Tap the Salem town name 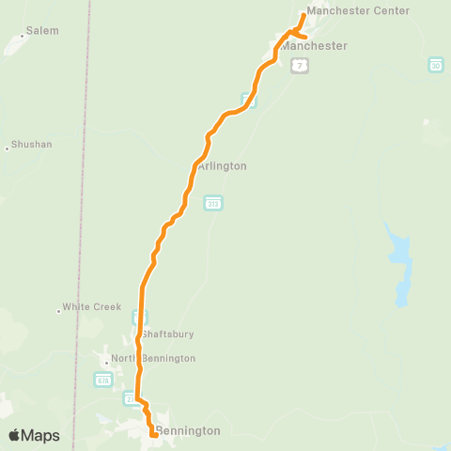[42, 30]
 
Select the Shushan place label [31, 146]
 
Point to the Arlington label [222, 165]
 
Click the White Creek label [92, 307]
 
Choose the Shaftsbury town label [168, 333]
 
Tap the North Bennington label [153, 358]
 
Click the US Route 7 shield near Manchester [299, 65]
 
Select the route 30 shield [436, 64]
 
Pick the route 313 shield [213, 203]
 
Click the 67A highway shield [102, 379]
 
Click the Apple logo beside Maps [14, 435]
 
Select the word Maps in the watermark [40, 435]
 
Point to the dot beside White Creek [58, 309]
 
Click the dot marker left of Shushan [8, 148]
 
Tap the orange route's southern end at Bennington [153, 433]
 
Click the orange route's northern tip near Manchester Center [303, 14]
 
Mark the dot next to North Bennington [106, 361]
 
